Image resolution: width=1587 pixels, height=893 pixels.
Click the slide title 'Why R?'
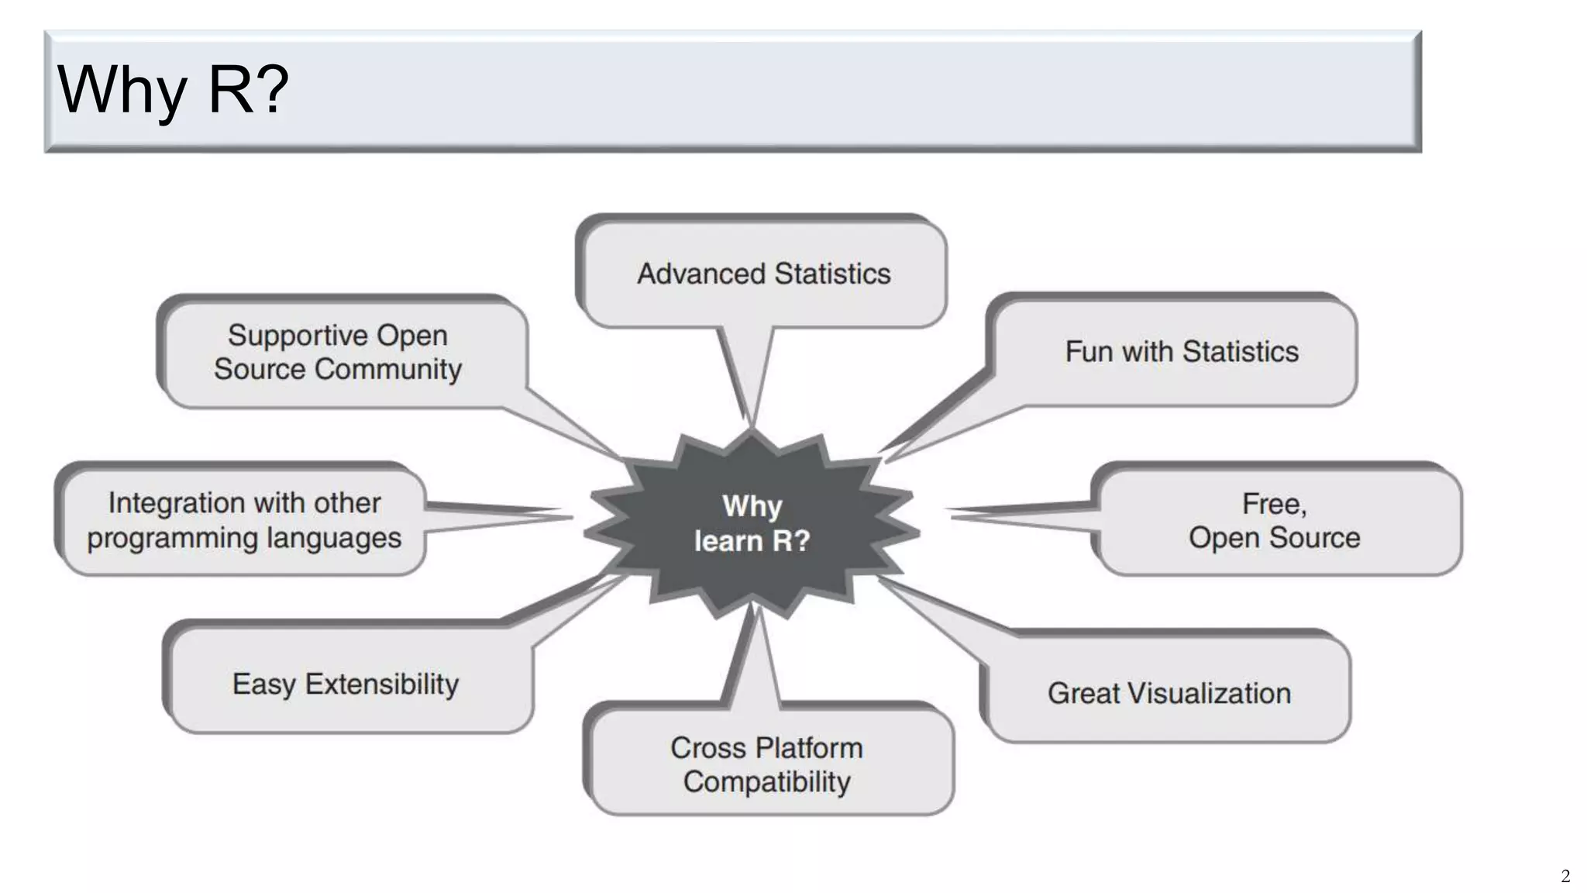[173, 90]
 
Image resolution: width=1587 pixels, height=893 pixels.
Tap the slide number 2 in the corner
[1565, 877]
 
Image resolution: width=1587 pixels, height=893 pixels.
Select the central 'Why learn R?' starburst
[752, 523]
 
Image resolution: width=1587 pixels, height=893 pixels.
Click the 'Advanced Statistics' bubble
[763, 274]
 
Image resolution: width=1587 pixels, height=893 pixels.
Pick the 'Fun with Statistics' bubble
[1181, 352]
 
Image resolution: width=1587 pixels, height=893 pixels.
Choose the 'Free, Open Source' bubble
[1275, 520]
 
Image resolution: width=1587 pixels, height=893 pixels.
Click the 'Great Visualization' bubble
[1169, 693]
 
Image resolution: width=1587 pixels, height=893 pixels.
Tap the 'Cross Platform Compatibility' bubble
[767, 764]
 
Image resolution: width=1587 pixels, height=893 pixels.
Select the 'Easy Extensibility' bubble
[346, 684]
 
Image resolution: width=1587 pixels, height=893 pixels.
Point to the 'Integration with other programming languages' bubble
[244, 520]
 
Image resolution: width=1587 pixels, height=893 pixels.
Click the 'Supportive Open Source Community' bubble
[338, 352]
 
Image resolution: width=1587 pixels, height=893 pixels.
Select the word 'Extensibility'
[382, 684]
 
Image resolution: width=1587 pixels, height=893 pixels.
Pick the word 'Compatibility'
[767, 781]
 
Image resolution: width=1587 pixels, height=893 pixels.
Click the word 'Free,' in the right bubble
[1275, 504]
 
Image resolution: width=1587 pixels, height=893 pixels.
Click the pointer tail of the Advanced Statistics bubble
[746, 372]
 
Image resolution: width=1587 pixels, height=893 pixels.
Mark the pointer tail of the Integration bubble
[496, 516]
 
